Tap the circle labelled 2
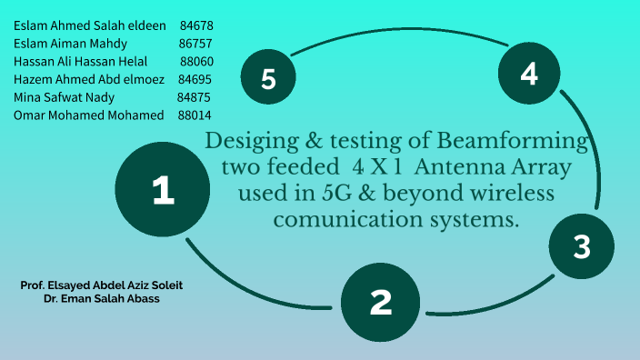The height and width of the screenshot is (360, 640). coord(381,301)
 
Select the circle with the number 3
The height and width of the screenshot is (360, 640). coord(582,246)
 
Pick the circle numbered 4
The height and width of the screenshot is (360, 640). coord(529,74)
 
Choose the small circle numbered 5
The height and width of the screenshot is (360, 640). coord(268,78)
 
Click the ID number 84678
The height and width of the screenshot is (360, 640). coord(196,25)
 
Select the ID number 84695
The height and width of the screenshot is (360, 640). coord(195,79)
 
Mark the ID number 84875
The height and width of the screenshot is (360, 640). coord(194,97)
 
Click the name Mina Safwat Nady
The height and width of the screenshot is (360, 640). coord(63,97)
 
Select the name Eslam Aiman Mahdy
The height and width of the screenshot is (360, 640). coord(70,43)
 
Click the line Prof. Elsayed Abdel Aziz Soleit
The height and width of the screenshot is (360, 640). coord(107,285)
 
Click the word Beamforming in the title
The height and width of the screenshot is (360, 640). coord(514,142)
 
